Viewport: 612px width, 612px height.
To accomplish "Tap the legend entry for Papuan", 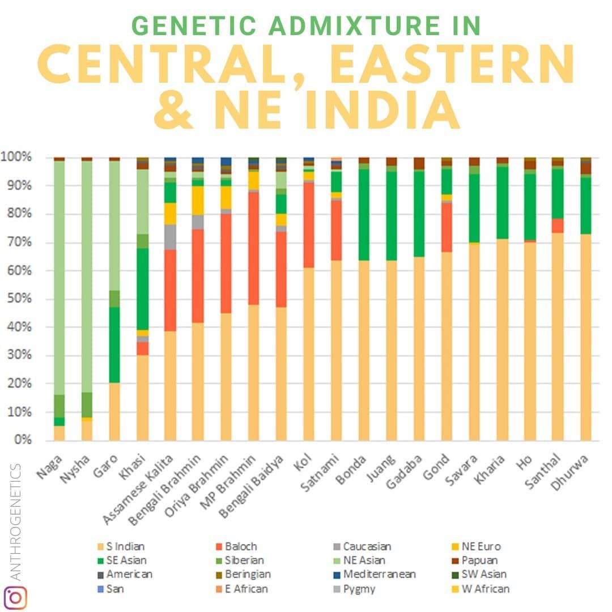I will [x=475, y=560].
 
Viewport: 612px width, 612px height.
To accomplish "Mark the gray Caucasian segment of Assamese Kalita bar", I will [x=170, y=237].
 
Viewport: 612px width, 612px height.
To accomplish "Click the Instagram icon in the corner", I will [x=15, y=597].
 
